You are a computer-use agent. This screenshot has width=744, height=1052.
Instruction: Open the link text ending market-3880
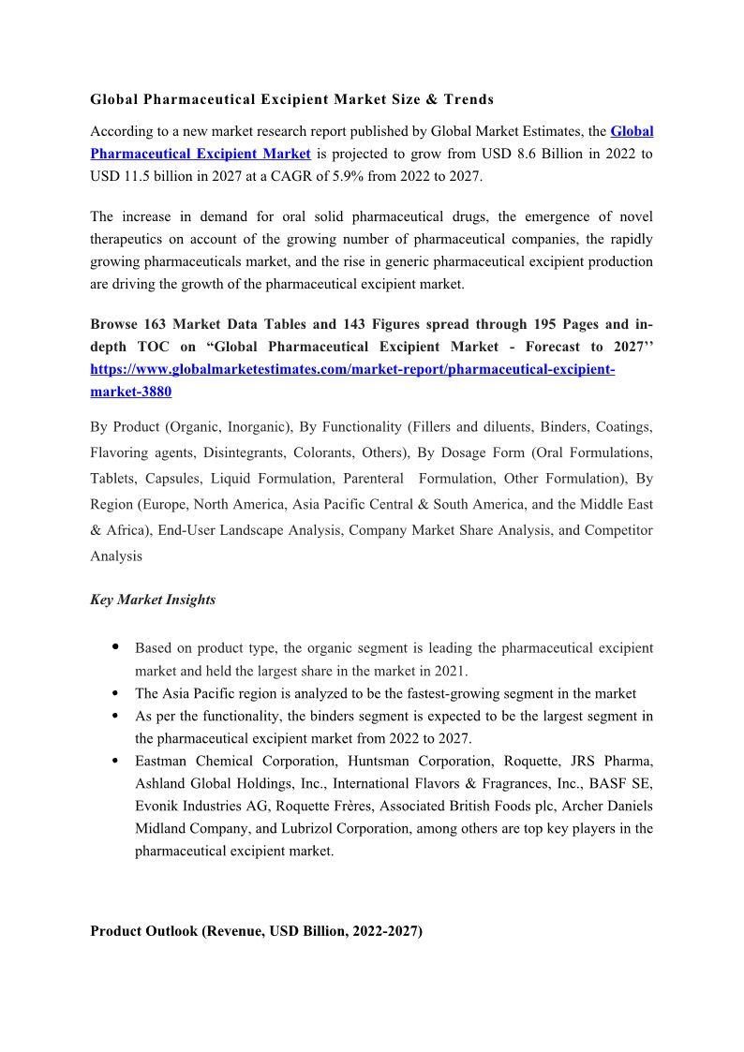(x=130, y=392)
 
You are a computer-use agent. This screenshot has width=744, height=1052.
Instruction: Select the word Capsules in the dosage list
(x=167, y=479)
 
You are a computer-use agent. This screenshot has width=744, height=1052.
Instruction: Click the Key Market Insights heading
(x=153, y=600)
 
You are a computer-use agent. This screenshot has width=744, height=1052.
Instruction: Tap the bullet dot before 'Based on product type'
(x=114, y=646)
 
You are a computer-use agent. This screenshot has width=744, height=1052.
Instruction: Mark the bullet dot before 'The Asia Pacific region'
(x=114, y=694)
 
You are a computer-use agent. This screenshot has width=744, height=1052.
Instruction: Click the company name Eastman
(x=162, y=761)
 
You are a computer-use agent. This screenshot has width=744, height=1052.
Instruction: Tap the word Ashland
(x=159, y=783)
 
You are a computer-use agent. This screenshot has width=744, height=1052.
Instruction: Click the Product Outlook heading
(x=256, y=931)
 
